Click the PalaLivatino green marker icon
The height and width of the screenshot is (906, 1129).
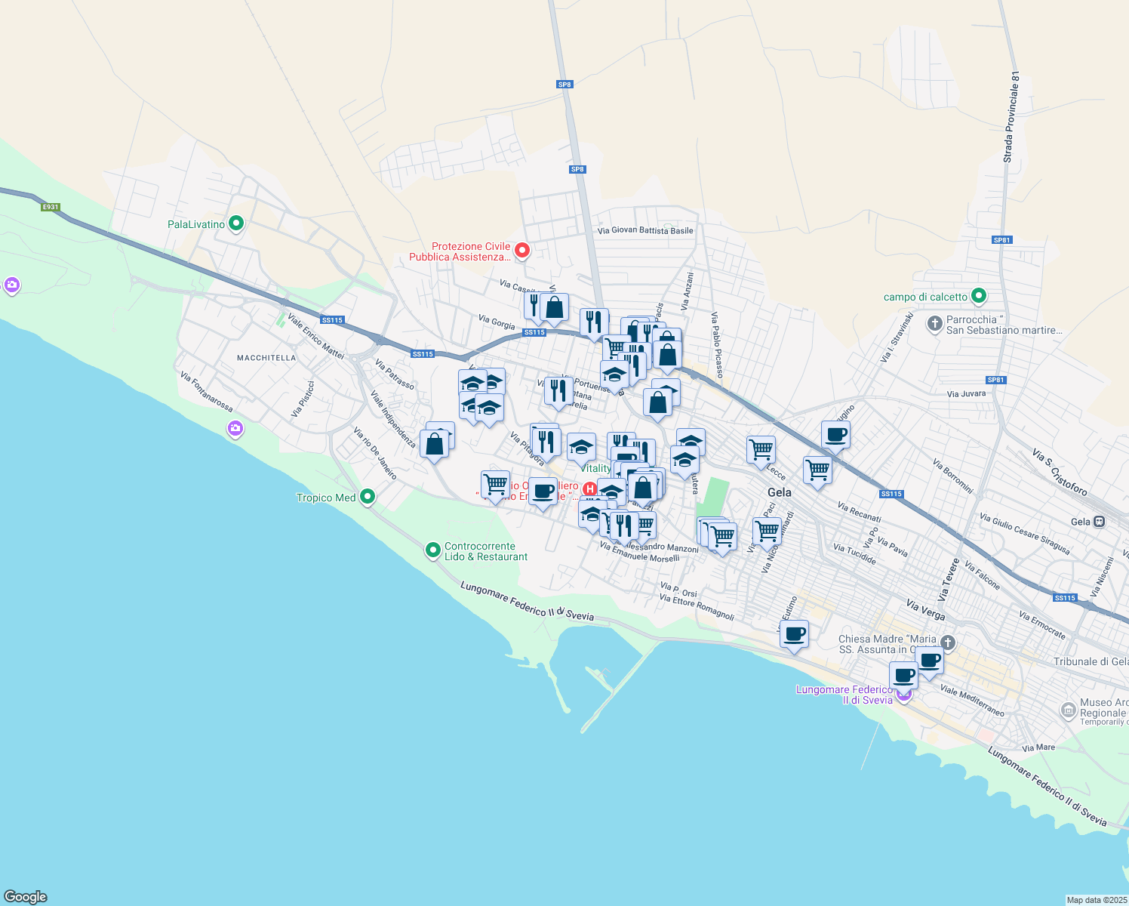click(236, 223)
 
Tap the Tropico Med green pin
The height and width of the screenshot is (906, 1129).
click(368, 497)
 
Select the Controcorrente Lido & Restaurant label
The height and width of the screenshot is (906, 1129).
click(485, 552)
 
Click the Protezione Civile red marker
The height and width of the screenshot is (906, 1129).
click(521, 250)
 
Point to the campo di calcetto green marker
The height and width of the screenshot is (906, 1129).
click(979, 296)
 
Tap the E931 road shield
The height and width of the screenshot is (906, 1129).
click(50, 207)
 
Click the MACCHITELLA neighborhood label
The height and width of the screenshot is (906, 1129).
click(266, 358)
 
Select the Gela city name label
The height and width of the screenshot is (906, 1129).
click(779, 492)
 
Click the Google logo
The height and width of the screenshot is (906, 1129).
click(26, 896)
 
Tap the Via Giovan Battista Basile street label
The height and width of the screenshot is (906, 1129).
click(644, 230)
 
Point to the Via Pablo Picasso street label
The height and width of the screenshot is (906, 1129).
click(717, 344)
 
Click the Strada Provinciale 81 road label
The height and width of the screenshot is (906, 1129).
click(1011, 117)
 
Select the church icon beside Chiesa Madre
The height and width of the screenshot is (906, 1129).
click(948, 643)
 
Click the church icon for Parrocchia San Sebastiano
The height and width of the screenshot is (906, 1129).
click(934, 325)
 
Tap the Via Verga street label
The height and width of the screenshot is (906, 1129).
click(925, 610)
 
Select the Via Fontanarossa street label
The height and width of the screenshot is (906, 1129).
click(207, 391)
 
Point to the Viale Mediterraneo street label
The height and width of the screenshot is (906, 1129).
click(972, 701)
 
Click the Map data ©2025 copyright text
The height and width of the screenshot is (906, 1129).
click(1097, 900)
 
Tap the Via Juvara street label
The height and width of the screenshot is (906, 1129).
click(966, 393)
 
